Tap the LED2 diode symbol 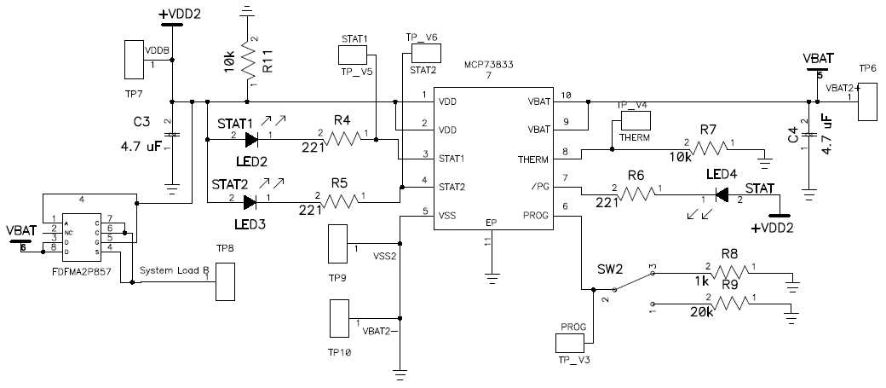point(250,139)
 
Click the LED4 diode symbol point(721,195)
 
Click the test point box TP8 point(225,281)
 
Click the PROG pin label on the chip point(537,217)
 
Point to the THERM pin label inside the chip point(533,159)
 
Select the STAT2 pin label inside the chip point(452,186)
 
